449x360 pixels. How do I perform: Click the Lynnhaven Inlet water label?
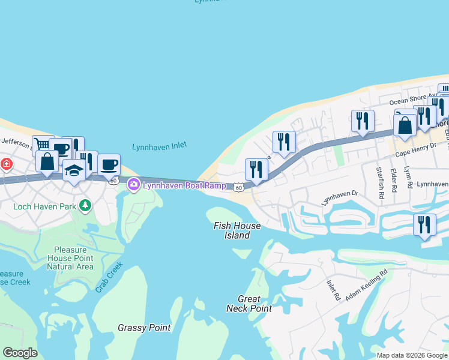[159, 146]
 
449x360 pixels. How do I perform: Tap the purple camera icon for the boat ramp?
[133, 185]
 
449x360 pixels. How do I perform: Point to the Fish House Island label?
[238, 230]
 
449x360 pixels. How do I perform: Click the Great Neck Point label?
[249, 304]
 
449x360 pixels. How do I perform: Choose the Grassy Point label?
[144, 328]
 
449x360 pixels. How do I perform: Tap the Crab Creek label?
[109, 277]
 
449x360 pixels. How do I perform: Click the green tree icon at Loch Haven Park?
[86, 206]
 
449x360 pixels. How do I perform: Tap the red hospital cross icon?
[6, 163]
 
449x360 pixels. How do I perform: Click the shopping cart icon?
[42, 145]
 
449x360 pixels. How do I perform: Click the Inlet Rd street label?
[333, 290]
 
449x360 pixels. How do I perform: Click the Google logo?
[20, 353]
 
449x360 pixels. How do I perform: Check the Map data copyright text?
[412, 355]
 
